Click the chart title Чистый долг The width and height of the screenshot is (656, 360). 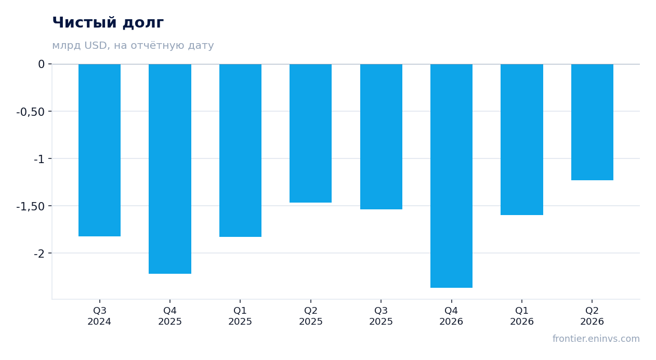coord(108,23)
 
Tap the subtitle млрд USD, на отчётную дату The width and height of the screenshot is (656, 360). coord(133,46)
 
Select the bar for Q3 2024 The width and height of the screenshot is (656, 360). coord(100,150)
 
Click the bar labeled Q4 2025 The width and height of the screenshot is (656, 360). coord(170,169)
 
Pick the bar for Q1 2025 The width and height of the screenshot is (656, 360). coord(241,151)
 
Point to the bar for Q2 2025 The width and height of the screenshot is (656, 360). coord(311,133)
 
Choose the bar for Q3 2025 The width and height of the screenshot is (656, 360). coord(382,137)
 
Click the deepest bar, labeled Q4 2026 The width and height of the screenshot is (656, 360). coord(451,176)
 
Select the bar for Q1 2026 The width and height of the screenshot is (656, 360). coord(522,140)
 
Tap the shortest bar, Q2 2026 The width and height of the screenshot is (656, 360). coord(592,122)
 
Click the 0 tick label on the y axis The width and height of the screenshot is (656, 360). coord(41,64)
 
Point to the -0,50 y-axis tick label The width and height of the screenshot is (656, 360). coord(31,112)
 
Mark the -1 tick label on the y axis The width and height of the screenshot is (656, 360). coord(39,159)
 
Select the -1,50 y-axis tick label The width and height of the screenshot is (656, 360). coord(31,206)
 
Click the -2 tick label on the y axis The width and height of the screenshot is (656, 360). coord(39,254)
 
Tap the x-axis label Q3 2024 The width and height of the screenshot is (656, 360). coord(100,316)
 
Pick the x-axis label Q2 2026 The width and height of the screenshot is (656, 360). coord(592,316)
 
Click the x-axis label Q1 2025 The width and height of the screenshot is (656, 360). coord(241,316)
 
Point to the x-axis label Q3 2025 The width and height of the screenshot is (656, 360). coord(381,316)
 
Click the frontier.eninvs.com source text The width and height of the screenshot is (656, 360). coord(596,339)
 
